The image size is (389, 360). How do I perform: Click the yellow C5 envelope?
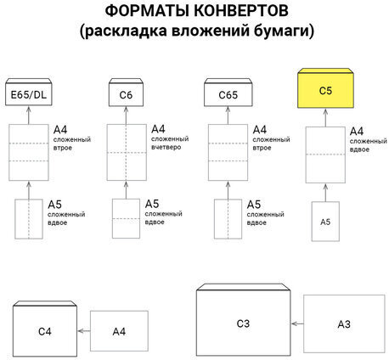coord(327,88)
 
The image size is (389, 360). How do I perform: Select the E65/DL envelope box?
coord(30,93)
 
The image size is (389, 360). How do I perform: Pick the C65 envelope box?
coord(225,93)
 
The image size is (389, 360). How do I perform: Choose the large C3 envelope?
coord(243,323)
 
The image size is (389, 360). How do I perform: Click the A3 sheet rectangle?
coord(343,323)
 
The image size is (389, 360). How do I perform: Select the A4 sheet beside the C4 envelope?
coord(120,330)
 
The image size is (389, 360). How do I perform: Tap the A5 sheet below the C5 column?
coord(326,221)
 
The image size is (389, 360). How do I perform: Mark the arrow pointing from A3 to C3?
coord(297,323)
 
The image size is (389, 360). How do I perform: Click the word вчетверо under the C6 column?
coord(167,147)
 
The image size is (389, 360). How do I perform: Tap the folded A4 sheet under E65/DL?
coord(30,151)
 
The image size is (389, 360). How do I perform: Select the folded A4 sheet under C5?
coord(326,154)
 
